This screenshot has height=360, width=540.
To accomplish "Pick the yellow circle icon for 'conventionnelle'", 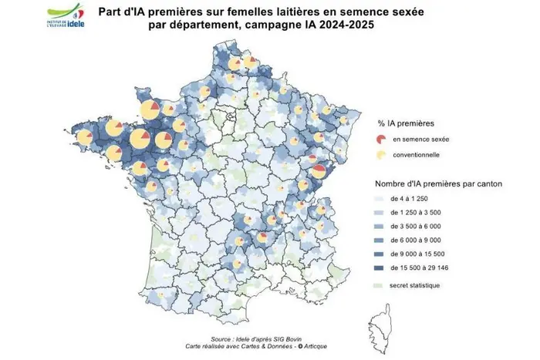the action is (381, 154).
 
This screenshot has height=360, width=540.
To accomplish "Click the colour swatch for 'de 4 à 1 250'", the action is (381, 200).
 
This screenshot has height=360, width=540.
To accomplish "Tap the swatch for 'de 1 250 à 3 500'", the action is (381, 214).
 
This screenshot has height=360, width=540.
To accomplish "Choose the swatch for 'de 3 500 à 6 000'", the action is (381, 227).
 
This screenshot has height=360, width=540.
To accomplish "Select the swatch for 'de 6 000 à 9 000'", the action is (381, 241).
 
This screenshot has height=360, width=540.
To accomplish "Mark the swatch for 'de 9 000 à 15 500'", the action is (381, 255).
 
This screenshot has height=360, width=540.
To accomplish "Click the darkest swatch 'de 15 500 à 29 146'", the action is (381, 269).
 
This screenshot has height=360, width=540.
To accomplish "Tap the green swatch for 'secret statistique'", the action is (381, 286).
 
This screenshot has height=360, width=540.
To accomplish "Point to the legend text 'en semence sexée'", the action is (421, 140).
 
